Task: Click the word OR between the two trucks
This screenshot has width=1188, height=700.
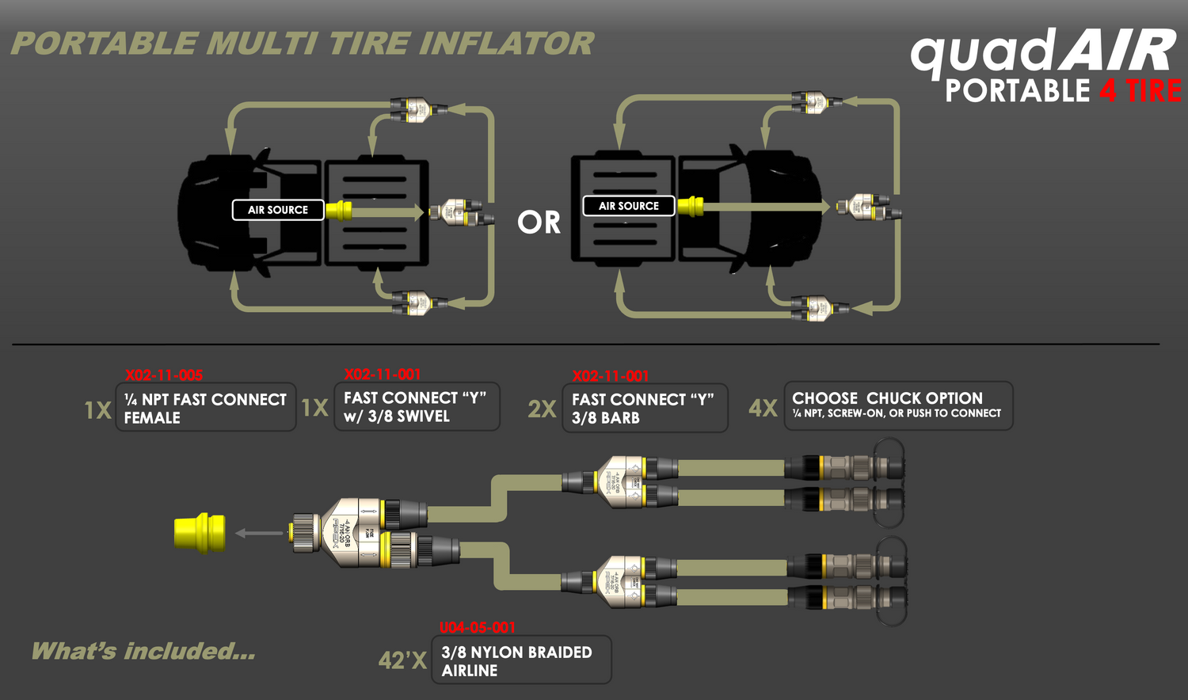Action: tap(539, 223)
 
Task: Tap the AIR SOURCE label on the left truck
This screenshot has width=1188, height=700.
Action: tap(278, 210)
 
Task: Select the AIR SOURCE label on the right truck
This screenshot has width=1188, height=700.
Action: tap(629, 206)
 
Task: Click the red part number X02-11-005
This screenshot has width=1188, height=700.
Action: tap(164, 375)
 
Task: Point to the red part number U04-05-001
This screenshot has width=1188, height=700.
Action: tap(478, 628)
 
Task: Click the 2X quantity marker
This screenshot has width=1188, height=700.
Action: tap(543, 409)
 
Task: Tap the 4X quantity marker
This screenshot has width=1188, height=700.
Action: tap(763, 408)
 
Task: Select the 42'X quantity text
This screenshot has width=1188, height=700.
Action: tap(402, 660)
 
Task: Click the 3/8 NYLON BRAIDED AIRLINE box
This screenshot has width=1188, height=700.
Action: tap(521, 660)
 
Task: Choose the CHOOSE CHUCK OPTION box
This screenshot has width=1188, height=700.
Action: tap(898, 405)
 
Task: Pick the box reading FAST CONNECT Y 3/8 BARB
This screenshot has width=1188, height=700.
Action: tap(645, 409)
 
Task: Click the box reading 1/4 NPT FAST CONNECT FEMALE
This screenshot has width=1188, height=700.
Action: tap(206, 408)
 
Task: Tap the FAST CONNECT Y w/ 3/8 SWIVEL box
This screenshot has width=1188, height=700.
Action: tap(417, 407)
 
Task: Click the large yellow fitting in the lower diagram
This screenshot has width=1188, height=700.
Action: tap(200, 533)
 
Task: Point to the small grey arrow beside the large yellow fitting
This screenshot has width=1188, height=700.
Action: tap(259, 533)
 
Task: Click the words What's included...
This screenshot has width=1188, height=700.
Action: tap(143, 652)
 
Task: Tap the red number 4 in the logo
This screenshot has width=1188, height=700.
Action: tap(1108, 92)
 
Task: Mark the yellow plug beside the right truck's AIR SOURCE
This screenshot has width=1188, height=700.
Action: tap(690, 207)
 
